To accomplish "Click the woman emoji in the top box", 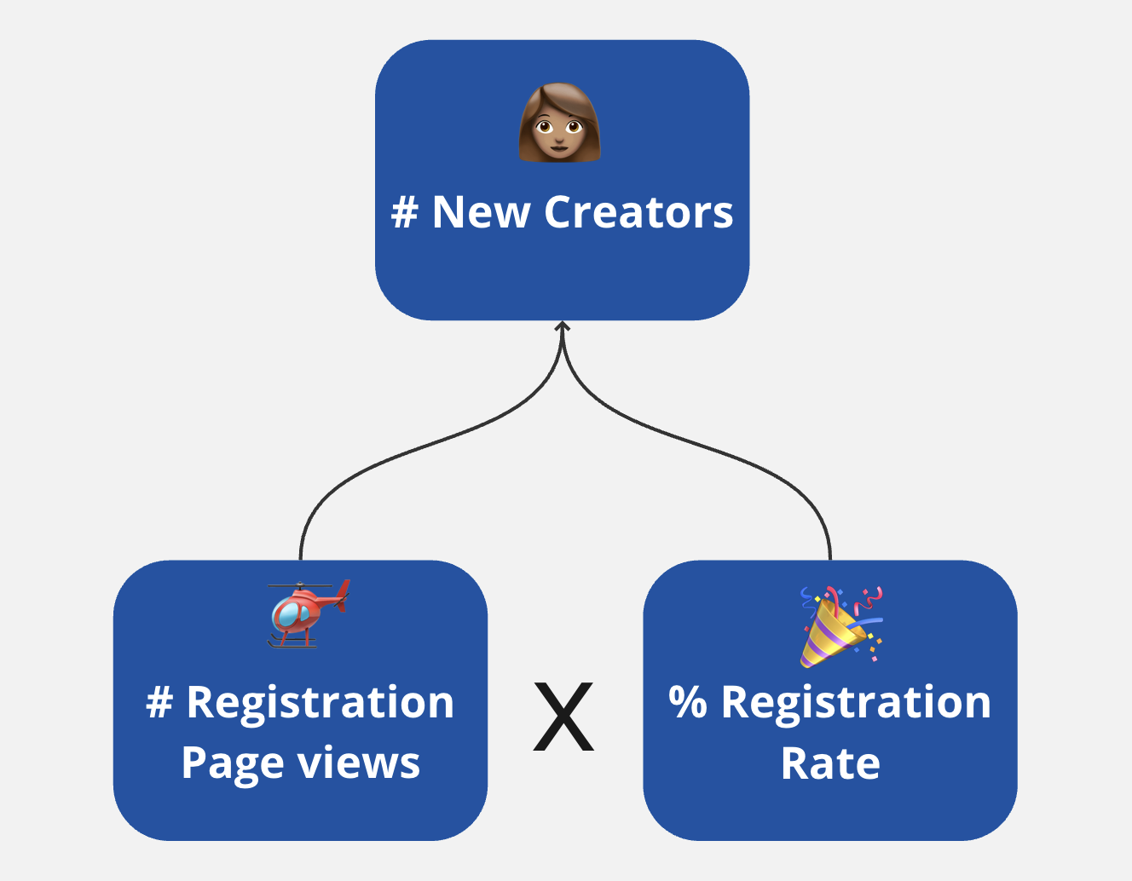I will [560, 123].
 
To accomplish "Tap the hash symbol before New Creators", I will [404, 212].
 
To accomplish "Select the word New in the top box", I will [481, 212].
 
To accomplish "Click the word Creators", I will [638, 212].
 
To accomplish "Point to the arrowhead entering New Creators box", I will [562, 327].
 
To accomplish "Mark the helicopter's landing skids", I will [292, 643].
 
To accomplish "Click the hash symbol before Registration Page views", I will [159, 703].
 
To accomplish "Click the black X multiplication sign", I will [563, 717].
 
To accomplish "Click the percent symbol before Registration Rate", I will [688, 703].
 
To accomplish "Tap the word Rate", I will [830, 763].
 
